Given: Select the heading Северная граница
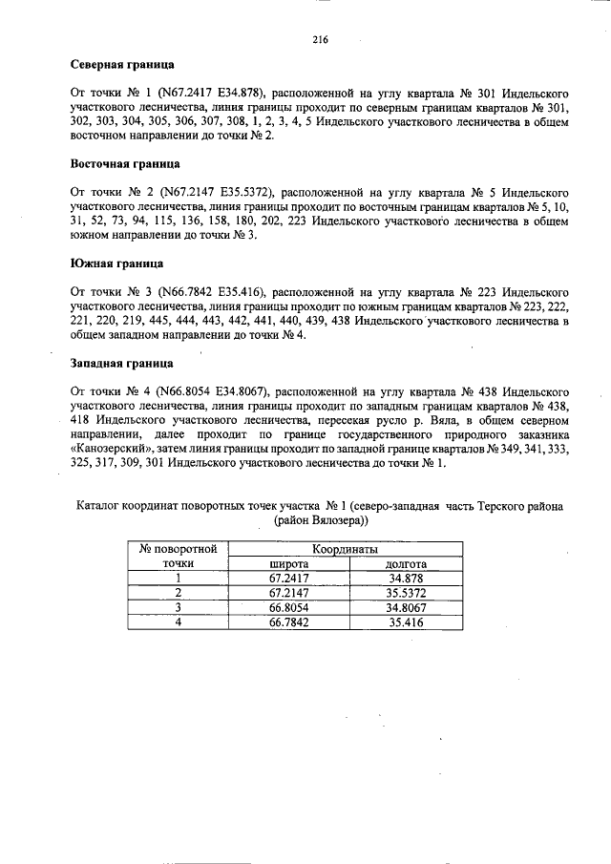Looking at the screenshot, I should [x=122, y=67].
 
